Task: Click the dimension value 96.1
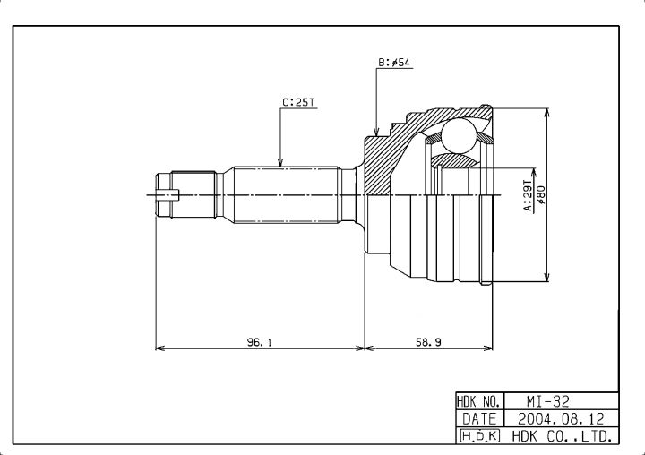point(259,341)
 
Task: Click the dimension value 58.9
point(428,341)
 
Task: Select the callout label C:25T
point(298,102)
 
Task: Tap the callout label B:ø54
point(394,63)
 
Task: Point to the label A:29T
point(528,195)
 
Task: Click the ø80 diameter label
point(541,195)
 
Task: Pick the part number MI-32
point(548,401)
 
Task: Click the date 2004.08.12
point(561,419)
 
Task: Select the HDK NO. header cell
point(479,401)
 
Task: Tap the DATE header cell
point(479,419)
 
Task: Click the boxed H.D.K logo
point(479,435)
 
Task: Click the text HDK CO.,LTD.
point(562,435)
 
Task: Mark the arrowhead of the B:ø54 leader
point(376,131)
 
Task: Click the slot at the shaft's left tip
point(168,194)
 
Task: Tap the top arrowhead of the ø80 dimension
point(546,114)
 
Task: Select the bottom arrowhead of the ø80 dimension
point(546,277)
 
